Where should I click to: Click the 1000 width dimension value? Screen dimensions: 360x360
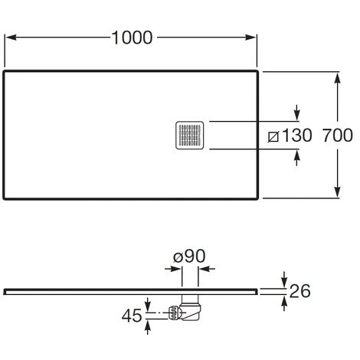132,37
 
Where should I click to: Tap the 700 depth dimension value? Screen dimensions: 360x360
338,136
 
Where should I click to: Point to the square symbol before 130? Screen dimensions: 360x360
273,136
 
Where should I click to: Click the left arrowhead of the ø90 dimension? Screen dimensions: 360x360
172,268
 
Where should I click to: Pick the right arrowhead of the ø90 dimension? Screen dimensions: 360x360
208,268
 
